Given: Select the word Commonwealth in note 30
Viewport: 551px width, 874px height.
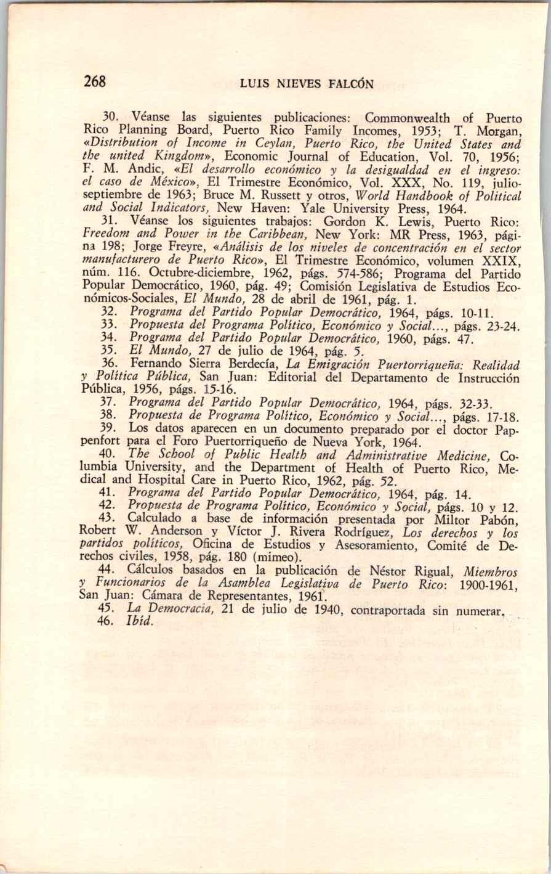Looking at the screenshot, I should coord(407,118).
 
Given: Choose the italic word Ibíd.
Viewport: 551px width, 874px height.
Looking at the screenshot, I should coord(139,623).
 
